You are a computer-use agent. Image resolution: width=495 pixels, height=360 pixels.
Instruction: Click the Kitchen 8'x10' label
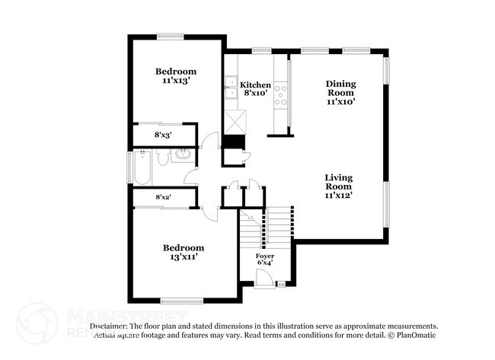coord(255,89)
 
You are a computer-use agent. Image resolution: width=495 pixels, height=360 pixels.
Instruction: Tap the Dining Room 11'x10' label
coord(341,91)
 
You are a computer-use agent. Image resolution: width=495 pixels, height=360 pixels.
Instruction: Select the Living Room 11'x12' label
coord(339,186)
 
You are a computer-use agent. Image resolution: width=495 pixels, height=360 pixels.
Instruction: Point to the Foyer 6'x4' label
coord(264,260)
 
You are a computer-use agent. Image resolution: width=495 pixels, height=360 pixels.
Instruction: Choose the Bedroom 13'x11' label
coord(184,252)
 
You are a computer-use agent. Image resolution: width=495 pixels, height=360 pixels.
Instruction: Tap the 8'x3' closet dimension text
coord(163,135)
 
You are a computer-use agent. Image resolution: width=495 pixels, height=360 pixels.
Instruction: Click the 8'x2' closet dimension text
coord(163,197)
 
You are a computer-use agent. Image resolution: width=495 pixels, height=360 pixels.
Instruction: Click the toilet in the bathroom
coord(162,158)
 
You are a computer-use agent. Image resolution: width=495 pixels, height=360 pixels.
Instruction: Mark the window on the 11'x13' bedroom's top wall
coord(171,35)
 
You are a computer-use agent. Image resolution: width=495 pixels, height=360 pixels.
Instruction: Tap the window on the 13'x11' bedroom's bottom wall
coord(180,301)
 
